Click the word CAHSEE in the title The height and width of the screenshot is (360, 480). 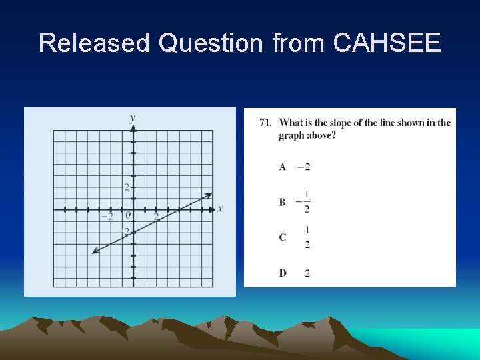[x=387, y=43]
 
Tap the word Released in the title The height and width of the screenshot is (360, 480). [x=95, y=43]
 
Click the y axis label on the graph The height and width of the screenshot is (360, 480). [x=133, y=118]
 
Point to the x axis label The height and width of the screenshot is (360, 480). [x=220, y=209]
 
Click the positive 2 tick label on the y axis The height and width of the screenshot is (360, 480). [x=126, y=187]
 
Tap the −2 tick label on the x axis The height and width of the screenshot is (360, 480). [x=107, y=217]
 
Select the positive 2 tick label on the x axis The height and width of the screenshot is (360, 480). [x=156, y=217]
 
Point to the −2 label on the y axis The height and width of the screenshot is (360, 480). [x=124, y=232]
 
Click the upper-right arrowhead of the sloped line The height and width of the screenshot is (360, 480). [x=209, y=195]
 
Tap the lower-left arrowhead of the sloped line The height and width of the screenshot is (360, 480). [x=95, y=251]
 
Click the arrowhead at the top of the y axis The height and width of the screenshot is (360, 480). [x=133, y=127]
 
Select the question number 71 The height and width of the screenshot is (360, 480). [x=266, y=123]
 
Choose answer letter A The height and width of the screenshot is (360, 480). [x=283, y=167]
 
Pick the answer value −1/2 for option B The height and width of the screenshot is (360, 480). [x=304, y=201]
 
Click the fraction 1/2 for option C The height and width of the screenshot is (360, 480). [x=307, y=237]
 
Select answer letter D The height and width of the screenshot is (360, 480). [x=283, y=273]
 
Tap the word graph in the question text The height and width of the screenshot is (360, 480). [x=291, y=135]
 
